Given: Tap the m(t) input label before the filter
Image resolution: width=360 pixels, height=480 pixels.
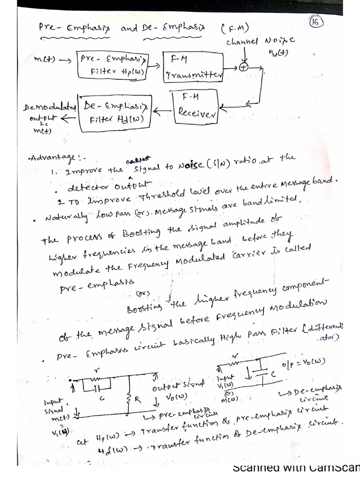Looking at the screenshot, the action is [46, 60].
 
